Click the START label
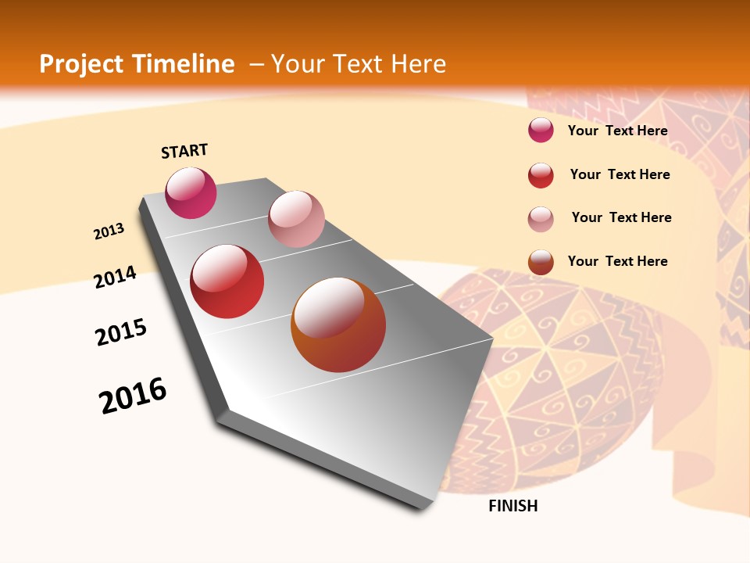[184, 151]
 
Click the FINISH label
[513, 506]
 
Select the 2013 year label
[109, 231]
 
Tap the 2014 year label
[116, 277]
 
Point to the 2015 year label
[121, 332]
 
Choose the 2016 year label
[133, 396]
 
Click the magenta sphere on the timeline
[191, 192]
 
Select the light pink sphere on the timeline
[296, 219]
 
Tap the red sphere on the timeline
[227, 281]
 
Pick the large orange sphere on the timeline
[338, 325]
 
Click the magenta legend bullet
[541, 130]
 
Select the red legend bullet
[541, 175]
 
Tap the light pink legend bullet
[541, 219]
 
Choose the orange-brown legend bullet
[541, 262]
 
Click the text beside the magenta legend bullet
[617, 131]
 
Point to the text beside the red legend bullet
[620, 174]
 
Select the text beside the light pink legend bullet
[621, 217]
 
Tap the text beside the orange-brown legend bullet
[617, 261]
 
